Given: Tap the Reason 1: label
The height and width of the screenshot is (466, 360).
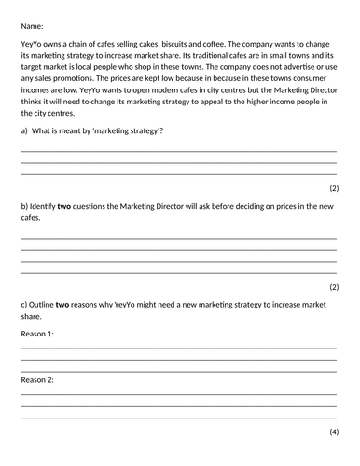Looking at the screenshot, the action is pos(37,333).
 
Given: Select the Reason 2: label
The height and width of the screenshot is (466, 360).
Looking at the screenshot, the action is pos(37,380).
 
